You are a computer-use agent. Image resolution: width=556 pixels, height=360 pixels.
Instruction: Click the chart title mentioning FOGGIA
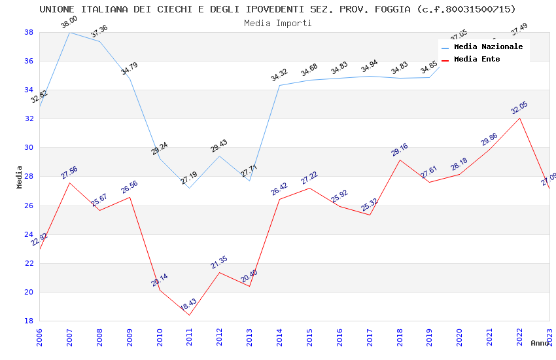277,9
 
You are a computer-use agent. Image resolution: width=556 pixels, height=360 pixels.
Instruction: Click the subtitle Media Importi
277,23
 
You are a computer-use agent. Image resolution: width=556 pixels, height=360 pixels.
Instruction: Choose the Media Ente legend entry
477,59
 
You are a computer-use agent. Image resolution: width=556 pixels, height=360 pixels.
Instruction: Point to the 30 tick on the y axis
29,148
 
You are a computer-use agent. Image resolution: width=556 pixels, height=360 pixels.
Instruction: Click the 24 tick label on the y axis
29,234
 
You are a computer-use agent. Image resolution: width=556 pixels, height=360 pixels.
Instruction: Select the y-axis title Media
20,177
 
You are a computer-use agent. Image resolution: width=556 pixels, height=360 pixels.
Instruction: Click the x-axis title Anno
540,343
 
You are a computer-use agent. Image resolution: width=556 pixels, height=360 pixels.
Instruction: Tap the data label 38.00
69,23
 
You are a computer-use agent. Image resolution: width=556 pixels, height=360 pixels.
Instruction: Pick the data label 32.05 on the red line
519,108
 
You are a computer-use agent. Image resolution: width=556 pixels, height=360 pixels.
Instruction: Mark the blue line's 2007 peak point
69,32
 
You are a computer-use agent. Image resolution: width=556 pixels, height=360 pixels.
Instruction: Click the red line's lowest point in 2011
189,315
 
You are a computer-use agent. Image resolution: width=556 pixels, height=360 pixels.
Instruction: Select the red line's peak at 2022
519,118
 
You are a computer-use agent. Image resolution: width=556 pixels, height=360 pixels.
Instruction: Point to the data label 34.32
279,75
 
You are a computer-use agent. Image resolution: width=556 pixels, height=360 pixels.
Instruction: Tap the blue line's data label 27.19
189,177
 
